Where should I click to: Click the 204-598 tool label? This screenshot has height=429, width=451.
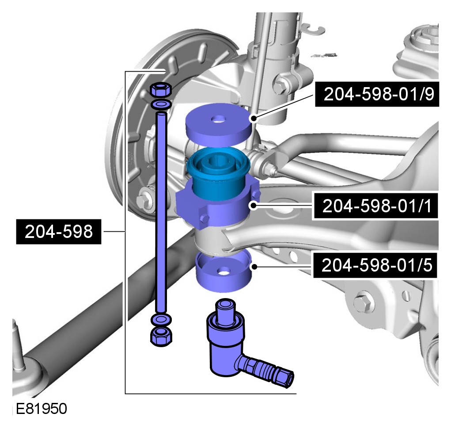coord(59,232)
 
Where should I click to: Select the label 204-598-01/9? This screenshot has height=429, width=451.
coord(377,94)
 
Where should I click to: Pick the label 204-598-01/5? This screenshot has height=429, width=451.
coord(375,265)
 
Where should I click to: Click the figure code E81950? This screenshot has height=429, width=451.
coord(41,409)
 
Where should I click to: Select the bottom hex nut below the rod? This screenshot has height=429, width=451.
coord(161,336)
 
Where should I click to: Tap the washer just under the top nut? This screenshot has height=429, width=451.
coord(161,104)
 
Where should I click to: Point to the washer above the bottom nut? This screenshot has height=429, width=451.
coord(161,319)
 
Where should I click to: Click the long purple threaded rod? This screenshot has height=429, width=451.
coord(161,212)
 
